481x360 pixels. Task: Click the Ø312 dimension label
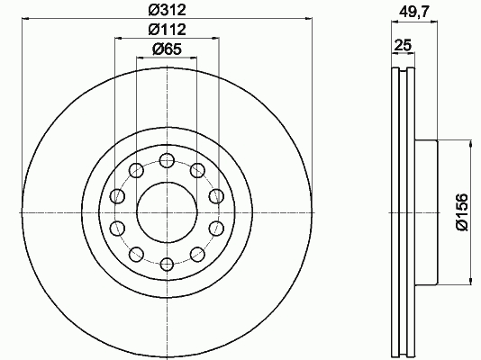pyautogui.click(x=168, y=10)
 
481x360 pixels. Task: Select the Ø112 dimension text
pyautogui.click(x=168, y=30)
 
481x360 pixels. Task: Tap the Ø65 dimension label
pyautogui.click(x=168, y=49)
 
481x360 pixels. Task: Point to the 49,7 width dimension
pyautogui.click(x=413, y=12)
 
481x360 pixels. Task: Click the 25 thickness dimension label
pyautogui.click(x=403, y=45)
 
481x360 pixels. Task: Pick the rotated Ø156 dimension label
pyautogui.click(x=463, y=212)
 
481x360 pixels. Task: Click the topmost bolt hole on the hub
pyautogui.click(x=168, y=160)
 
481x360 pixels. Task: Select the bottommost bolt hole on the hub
pyautogui.click(x=168, y=264)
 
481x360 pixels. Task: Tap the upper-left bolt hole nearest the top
pyautogui.click(x=137, y=170)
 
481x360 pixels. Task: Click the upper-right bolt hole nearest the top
pyautogui.click(x=198, y=170)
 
